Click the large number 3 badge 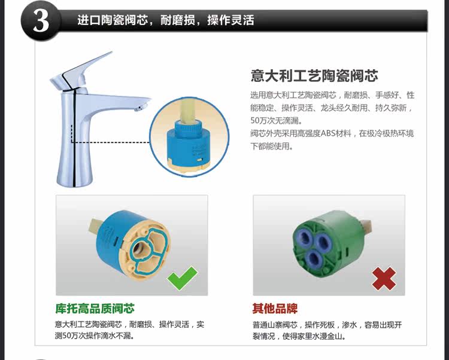click(x=41, y=21)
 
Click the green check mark click(x=183, y=278)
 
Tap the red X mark click(x=384, y=279)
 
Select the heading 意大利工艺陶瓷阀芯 click(x=314, y=76)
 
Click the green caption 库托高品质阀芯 click(x=95, y=309)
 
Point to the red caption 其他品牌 click(x=275, y=309)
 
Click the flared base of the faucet click(x=74, y=172)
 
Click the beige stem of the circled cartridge click(x=189, y=110)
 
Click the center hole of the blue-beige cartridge click(x=141, y=248)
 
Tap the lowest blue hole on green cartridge click(x=314, y=258)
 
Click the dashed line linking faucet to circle click(x=111, y=142)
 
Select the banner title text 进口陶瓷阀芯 click(x=113, y=20)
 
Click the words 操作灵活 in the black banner click(x=230, y=20)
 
